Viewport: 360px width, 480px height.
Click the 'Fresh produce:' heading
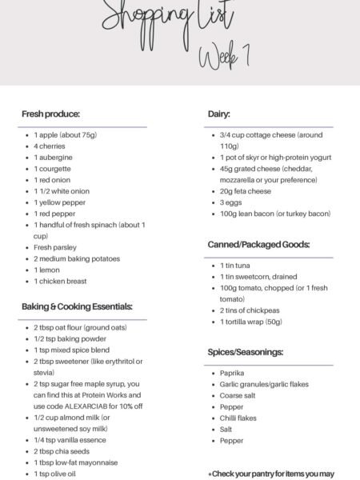coord(50,114)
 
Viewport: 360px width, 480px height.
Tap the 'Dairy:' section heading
coord(219,114)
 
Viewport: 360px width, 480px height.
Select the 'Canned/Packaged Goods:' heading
coord(258,245)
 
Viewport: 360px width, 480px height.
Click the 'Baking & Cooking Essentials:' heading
coord(78,306)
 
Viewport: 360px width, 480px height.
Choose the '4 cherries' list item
coord(50,146)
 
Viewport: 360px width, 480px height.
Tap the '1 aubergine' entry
coord(53,158)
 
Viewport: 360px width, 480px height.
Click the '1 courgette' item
coord(54,169)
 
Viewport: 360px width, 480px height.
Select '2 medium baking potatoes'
coord(77,258)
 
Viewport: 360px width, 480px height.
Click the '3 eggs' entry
coord(232,202)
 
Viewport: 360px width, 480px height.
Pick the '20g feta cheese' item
coord(246,191)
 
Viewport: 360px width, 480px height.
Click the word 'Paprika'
coord(233,373)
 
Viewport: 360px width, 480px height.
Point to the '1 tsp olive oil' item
coord(57,473)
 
